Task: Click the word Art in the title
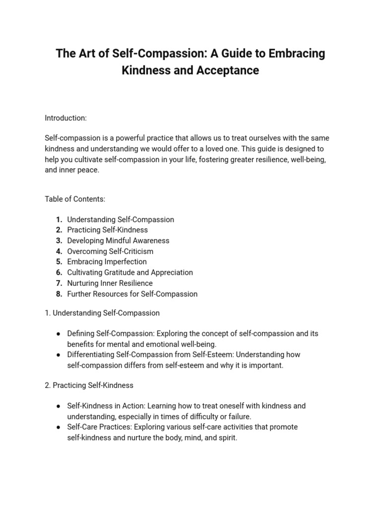click(x=84, y=54)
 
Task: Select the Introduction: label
click(x=65, y=118)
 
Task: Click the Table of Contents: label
click(x=75, y=199)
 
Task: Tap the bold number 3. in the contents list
click(x=59, y=241)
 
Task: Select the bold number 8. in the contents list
click(x=59, y=294)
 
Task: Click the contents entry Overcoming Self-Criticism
click(x=110, y=252)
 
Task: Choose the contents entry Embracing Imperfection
click(x=107, y=262)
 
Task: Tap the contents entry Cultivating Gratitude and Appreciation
click(x=130, y=273)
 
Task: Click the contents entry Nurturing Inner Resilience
click(x=110, y=283)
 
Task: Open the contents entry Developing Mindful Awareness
click(x=118, y=241)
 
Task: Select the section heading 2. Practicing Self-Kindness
click(x=89, y=385)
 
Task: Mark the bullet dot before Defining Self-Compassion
click(x=59, y=334)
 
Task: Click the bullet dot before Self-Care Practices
click(x=59, y=427)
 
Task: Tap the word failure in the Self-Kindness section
click(x=238, y=417)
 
